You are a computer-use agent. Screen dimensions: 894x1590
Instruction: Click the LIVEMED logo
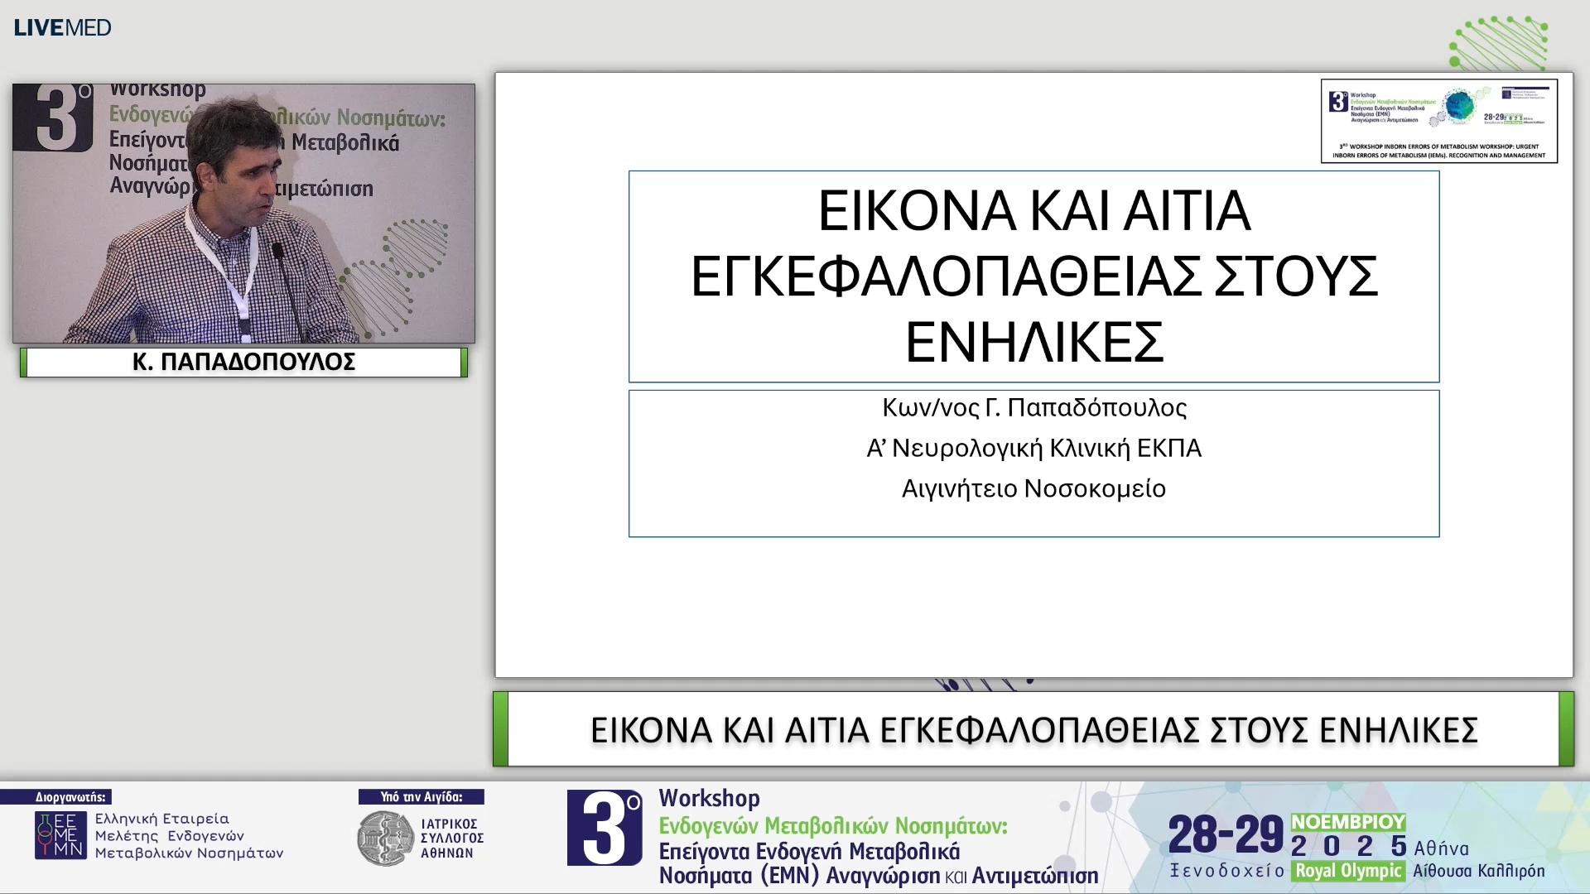point(62,27)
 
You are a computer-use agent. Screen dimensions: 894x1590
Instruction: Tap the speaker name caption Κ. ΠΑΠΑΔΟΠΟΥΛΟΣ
point(243,362)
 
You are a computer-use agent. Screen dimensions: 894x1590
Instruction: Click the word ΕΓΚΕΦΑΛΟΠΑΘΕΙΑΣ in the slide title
point(945,276)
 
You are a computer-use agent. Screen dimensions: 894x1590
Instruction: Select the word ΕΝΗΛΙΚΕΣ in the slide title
point(1034,342)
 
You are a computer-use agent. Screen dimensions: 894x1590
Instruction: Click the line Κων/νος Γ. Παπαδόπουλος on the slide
point(1034,407)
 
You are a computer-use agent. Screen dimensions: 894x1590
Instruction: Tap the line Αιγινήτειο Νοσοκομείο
point(1033,488)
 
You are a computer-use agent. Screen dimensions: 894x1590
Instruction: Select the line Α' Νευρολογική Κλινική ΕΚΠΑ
point(1033,448)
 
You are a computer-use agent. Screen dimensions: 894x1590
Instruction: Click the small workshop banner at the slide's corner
point(1438,121)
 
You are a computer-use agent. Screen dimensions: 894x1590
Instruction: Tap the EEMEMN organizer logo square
point(60,835)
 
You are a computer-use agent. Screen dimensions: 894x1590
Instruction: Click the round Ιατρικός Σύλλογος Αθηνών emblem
point(385,838)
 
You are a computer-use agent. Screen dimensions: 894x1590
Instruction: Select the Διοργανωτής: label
point(70,797)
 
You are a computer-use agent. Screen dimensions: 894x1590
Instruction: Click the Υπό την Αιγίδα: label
point(421,797)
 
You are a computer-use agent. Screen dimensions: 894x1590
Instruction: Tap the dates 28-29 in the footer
point(1225,834)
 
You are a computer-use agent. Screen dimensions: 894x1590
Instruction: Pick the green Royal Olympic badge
point(1347,871)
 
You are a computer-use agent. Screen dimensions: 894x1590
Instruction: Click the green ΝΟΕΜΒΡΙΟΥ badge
point(1347,822)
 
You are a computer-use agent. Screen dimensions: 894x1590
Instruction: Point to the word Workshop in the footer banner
point(709,798)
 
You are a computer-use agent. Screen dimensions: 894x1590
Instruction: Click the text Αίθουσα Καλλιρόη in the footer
point(1478,871)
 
